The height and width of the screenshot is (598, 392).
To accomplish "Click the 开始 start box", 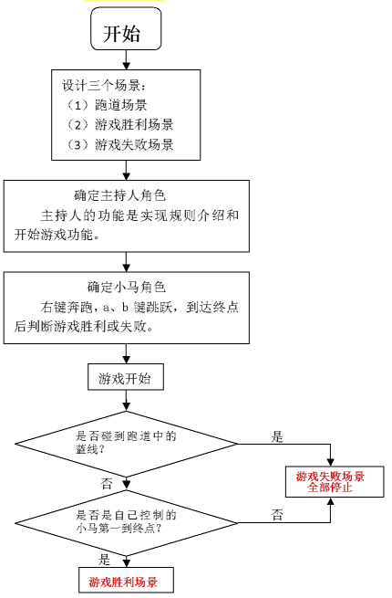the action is click(x=126, y=29).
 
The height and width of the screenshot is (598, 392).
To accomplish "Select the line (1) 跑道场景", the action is click(x=107, y=105).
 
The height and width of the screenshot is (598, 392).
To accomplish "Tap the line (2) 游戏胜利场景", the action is click(x=120, y=125).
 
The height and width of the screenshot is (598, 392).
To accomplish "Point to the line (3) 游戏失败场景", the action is click(x=120, y=144).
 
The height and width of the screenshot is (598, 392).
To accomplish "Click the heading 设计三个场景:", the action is click(x=104, y=85).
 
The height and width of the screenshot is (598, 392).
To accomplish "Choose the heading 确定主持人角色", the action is click(x=120, y=195).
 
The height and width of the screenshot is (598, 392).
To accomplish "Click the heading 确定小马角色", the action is click(x=127, y=287).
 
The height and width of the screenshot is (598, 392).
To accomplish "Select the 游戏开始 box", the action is click(x=126, y=377).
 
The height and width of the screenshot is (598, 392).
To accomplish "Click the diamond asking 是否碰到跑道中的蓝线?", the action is click(x=127, y=444).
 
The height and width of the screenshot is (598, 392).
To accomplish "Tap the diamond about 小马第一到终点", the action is click(x=127, y=523).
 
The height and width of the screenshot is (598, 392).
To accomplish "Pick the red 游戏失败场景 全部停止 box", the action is click(x=335, y=481).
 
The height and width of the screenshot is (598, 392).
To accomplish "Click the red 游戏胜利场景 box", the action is click(x=126, y=581).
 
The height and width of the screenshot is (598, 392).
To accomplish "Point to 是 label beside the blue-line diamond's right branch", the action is click(x=277, y=436).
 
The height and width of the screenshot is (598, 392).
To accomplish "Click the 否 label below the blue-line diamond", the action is click(x=107, y=484).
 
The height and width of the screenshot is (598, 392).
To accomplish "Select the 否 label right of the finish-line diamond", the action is click(x=277, y=515).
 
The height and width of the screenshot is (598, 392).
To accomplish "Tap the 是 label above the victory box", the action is click(x=104, y=560).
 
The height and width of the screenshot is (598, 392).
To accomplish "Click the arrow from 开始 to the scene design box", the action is click(x=126, y=60).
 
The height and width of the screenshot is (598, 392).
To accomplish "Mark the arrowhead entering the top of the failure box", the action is click(x=330, y=461).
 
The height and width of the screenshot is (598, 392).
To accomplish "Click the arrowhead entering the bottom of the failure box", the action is click(x=330, y=501).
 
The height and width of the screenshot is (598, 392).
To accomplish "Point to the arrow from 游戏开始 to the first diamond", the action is click(x=126, y=401).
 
